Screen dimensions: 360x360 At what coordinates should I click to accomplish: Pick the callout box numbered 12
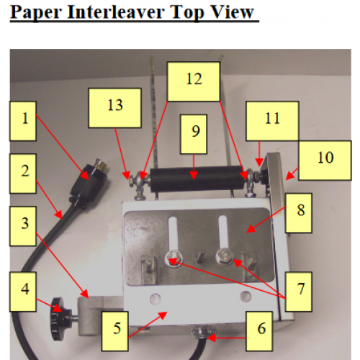click(192, 81)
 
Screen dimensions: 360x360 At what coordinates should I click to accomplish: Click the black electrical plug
click(87, 183)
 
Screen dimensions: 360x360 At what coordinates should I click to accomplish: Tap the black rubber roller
click(194, 174)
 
